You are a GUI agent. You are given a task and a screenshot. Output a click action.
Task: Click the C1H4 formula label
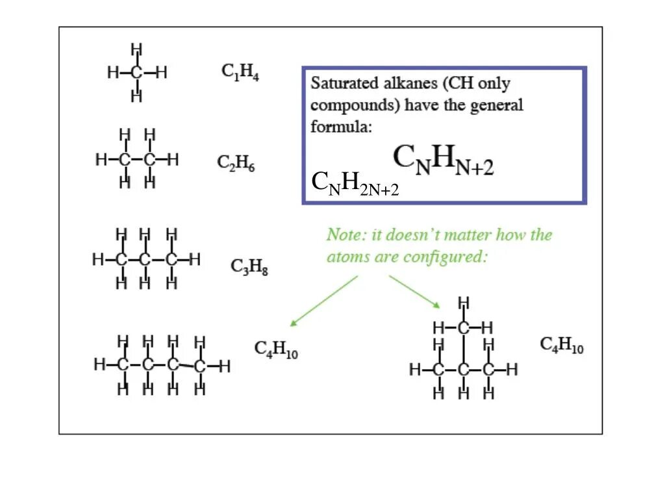[x=240, y=72]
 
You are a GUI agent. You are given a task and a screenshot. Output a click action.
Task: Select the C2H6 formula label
[x=236, y=163]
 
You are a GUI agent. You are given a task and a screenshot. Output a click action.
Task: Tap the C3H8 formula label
[x=249, y=266]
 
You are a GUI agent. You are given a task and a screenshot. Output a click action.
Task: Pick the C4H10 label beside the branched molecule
[x=562, y=345]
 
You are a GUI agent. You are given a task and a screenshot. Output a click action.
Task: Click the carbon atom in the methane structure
[x=136, y=73]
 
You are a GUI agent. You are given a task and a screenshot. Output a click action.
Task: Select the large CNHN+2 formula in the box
[x=444, y=161]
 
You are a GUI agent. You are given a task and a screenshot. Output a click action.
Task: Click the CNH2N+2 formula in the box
[x=355, y=184]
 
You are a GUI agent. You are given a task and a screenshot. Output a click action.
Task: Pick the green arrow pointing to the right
[x=415, y=291]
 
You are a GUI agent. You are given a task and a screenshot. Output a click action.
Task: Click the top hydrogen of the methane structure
[x=136, y=49]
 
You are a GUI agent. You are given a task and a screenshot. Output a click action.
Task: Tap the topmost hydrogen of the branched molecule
[x=463, y=303]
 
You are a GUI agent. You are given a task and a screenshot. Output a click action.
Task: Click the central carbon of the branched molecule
[x=463, y=370]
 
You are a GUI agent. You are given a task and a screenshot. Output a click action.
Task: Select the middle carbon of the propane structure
[x=145, y=260]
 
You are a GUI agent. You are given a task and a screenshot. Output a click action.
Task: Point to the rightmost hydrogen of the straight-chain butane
[x=225, y=365]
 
